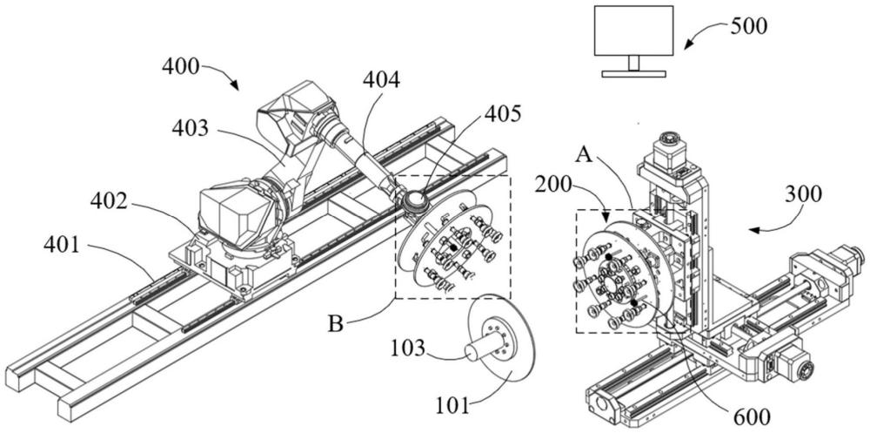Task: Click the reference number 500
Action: click(x=747, y=26)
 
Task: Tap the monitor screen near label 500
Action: click(x=634, y=31)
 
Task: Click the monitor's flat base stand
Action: click(x=634, y=73)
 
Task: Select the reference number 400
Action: click(x=181, y=67)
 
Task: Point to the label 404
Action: click(x=381, y=81)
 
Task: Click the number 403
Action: click(x=191, y=128)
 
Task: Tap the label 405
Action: click(x=503, y=114)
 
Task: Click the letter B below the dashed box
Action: click(x=335, y=323)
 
